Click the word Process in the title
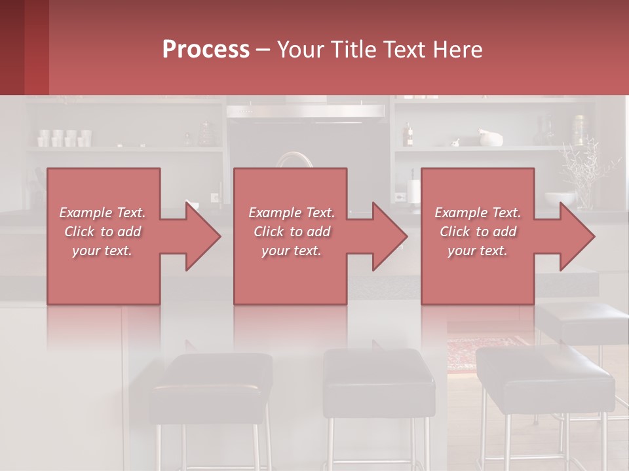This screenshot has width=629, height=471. point(206,50)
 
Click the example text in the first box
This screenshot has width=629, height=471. point(103,232)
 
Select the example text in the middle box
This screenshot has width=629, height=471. point(292,232)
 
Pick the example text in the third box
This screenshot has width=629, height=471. point(478,232)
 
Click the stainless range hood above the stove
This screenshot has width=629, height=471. point(305,111)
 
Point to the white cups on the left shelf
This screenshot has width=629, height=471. point(64,138)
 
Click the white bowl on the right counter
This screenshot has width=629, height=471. point(560,198)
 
